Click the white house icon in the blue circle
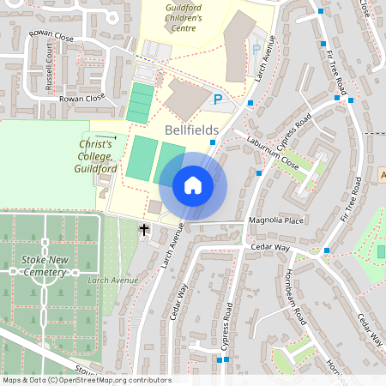(193, 184)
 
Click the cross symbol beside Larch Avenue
(144, 230)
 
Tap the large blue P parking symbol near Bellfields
(218, 100)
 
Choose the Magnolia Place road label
(276, 220)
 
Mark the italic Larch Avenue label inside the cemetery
(112, 280)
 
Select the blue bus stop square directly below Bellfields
(212, 142)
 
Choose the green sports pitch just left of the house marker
(171, 162)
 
